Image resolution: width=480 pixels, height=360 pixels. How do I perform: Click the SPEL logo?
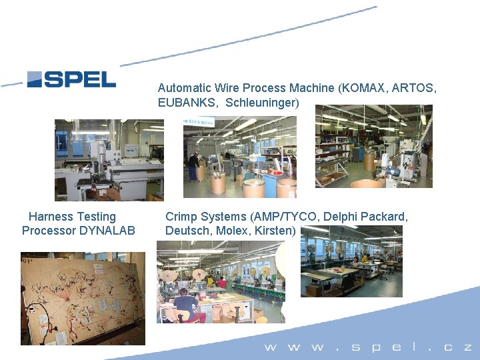(71, 79)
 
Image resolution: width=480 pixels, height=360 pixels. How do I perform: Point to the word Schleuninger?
(262, 103)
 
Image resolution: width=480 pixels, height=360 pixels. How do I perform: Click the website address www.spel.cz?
(368, 347)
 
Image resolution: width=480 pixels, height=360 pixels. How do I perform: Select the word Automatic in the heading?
(185, 88)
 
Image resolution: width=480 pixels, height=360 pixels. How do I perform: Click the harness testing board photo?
(82, 297)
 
